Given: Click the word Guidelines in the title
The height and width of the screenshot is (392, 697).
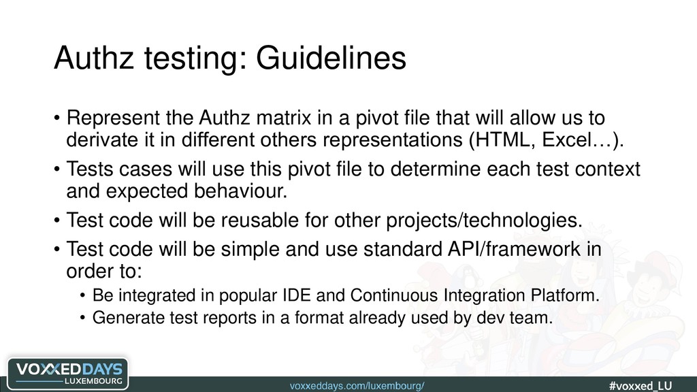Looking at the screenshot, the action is pyautogui.click(x=331, y=58).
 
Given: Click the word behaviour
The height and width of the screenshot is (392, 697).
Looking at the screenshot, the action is pyautogui.click(x=240, y=191).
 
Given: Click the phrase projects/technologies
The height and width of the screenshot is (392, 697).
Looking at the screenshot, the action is pyautogui.click(x=484, y=220).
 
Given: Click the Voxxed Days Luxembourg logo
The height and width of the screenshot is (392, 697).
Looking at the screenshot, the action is pyautogui.click(x=68, y=374).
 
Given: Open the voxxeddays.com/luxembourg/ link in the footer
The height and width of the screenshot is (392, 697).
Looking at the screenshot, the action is pyautogui.click(x=357, y=386).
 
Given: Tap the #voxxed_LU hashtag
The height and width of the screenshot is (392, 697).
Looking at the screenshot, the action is pyautogui.click(x=641, y=385).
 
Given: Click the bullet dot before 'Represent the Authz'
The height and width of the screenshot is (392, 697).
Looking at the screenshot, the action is pyautogui.click(x=56, y=118).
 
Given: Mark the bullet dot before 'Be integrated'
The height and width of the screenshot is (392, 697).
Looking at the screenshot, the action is pyautogui.click(x=82, y=296).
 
